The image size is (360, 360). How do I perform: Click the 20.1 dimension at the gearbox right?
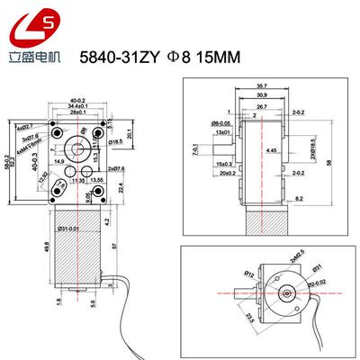(130, 134)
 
